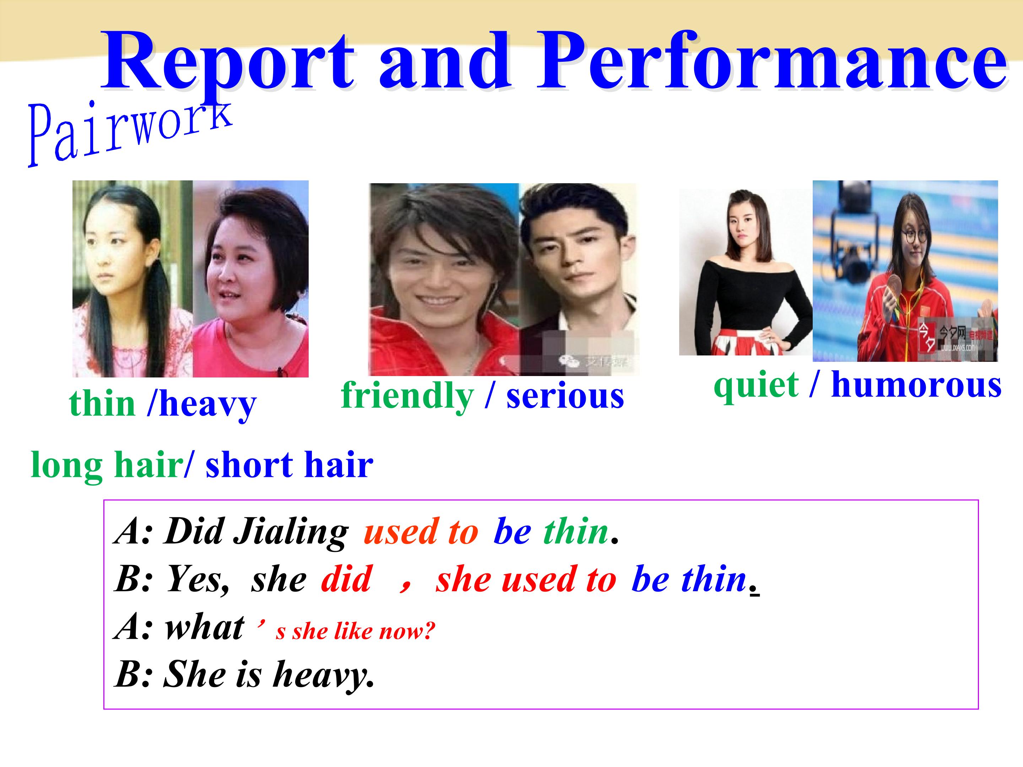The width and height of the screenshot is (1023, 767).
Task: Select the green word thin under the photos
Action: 102,404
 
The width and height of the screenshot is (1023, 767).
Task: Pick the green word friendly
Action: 407,397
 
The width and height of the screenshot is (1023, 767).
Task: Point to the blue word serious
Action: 565,397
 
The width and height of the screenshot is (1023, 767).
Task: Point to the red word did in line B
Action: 346,579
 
